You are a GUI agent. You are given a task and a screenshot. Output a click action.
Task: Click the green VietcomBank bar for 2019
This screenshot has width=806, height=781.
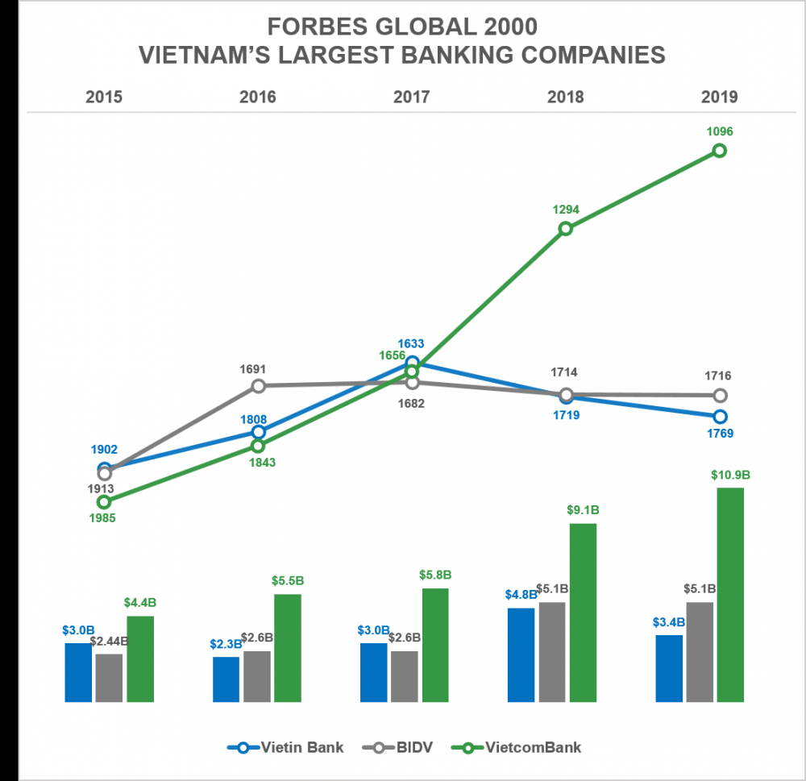730,594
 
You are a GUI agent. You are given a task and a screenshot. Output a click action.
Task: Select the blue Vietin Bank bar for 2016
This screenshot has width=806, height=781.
226,679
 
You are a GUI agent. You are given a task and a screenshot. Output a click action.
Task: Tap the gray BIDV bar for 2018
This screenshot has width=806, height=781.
552,651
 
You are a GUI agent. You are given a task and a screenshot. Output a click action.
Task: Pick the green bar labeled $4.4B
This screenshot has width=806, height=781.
140,658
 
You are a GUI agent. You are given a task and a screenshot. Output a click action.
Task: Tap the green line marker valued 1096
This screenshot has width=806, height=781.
720,151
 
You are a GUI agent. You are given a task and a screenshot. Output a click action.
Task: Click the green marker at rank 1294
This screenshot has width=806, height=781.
566,228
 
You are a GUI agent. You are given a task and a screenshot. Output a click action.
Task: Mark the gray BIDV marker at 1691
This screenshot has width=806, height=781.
258,386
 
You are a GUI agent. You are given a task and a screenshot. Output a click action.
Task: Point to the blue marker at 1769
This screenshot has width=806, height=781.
720,416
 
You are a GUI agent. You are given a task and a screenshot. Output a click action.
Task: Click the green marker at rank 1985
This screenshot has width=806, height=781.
104,501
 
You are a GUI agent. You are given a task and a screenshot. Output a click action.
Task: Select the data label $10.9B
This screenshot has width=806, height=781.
730,476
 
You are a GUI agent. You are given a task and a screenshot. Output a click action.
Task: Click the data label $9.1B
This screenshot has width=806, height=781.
583,510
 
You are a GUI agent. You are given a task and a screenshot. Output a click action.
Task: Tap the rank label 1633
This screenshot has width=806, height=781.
412,343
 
